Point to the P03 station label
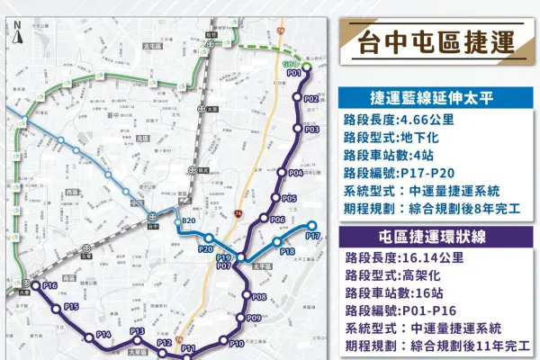click(x=312, y=130)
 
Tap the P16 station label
click(x=49, y=285)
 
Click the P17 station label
click(x=312, y=236)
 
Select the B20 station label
click(x=188, y=221)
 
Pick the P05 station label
click(x=289, y=198)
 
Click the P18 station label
click(x=287, y=252)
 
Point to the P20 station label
click(x=205, y=249)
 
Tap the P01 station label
click(x=293, y=73)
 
